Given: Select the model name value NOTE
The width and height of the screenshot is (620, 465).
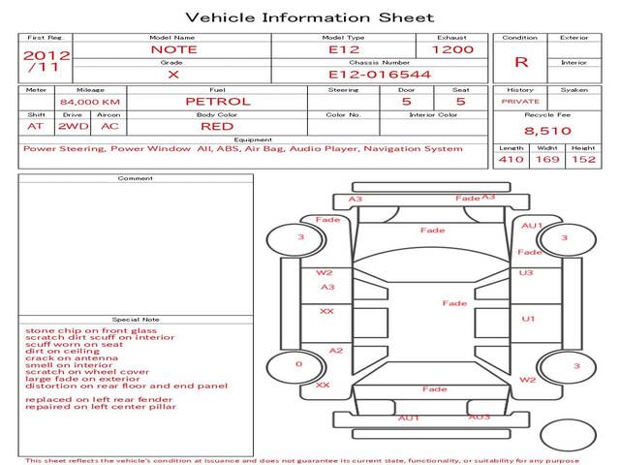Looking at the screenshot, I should pyautogui.click(x=172, y=49).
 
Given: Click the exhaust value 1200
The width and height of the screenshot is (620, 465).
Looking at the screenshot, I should pyautogui.click(x=452, y=49).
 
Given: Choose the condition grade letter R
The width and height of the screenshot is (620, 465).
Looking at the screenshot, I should pyautogui.click(x=521, y=62).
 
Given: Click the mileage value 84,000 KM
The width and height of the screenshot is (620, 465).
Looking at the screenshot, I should pyautogui.click(x=89, y=102).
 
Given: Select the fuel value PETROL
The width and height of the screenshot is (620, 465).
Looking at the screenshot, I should pyautogui.click(x=218, y=101).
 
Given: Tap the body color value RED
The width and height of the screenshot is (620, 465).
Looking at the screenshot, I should pyautogui.click(x=217, y=126).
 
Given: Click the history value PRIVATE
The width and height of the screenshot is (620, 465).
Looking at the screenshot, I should pyautogui.click(x=521, y=101).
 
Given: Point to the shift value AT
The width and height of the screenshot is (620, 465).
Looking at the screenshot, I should pyautogui.click(x=36, y=126).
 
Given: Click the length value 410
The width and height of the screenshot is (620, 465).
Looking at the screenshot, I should pyautogui.click(x=511, y=160).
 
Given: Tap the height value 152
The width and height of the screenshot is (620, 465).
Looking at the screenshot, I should pyautogui.click(x=583, y=160).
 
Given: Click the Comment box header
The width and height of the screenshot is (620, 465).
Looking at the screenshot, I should pyautogui.click(x=136, y=178).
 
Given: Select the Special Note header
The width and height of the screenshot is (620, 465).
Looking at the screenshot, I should pyautogui.click(x=136, y=320).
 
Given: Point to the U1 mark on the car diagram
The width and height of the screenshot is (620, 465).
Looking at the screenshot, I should pyautogui.click(x=528, y=319).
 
